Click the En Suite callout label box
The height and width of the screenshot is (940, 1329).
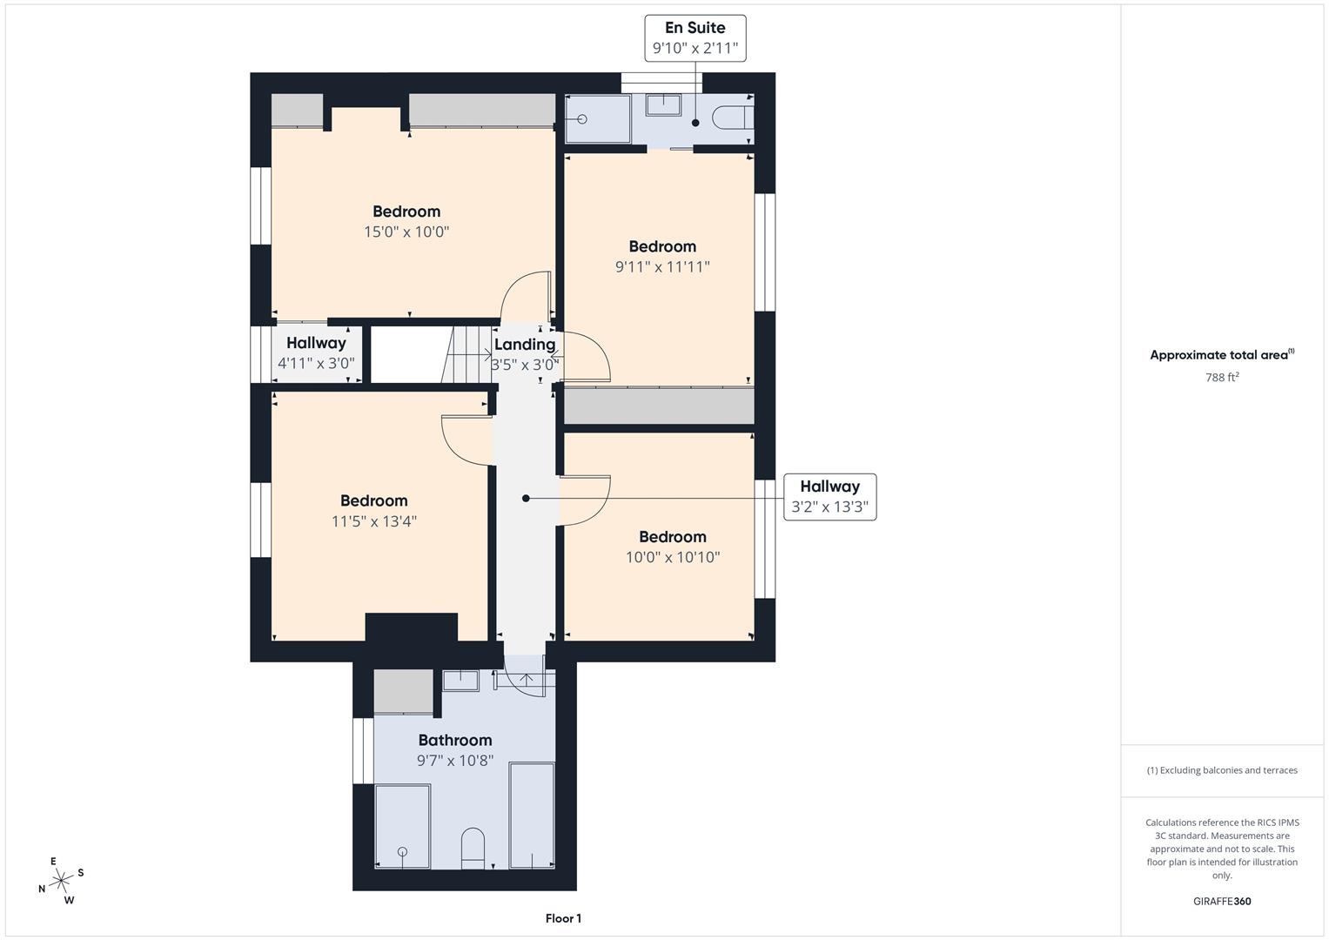695,37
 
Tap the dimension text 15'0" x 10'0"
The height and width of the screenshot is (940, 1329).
406,232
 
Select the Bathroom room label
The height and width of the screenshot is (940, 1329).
455,740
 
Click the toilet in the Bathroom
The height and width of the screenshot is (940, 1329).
473,847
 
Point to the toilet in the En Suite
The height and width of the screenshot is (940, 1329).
730,117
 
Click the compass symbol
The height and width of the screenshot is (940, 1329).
62,881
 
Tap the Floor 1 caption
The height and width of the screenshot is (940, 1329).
563,918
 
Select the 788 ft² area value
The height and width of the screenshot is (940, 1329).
1222,378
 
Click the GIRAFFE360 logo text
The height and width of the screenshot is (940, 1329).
1222,901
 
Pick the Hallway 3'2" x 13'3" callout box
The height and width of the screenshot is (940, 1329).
829,497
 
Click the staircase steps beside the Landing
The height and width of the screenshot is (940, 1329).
467,354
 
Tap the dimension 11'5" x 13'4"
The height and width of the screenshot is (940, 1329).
374,521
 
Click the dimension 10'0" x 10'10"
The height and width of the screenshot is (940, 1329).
673,557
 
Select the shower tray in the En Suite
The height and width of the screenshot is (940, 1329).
598,119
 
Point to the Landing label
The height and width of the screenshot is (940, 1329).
524,345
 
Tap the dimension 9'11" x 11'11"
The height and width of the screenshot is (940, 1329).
662,267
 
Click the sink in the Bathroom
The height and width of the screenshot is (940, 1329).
460,681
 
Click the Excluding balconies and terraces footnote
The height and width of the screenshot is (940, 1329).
1222,770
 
